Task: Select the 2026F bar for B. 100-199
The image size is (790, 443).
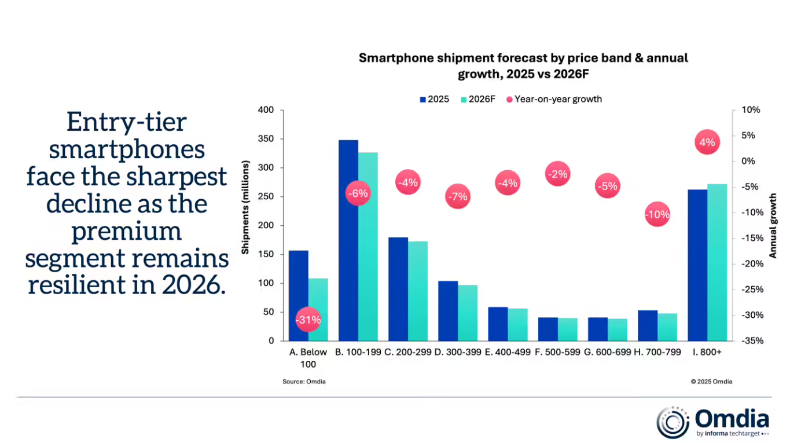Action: [368, 255]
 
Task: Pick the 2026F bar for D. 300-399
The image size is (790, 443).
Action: [468, 313]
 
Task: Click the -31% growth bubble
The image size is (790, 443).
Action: [308, 319]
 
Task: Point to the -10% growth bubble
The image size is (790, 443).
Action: [657, 215]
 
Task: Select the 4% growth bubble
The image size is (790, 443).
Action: [707, 142]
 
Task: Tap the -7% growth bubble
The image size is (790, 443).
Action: [457, 196]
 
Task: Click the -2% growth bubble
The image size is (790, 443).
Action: [557, 174]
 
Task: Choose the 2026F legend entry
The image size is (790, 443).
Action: [479, 99]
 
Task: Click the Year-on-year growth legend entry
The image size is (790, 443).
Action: [554, 99]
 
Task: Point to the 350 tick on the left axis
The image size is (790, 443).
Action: [266, 139]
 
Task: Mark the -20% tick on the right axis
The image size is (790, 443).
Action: [744, 264]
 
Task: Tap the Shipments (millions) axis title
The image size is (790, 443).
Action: [245, 208]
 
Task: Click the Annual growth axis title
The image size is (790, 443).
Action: [773, 226]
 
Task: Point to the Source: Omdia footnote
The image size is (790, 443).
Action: [304, 382]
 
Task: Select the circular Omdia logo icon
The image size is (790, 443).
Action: [673, 423]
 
